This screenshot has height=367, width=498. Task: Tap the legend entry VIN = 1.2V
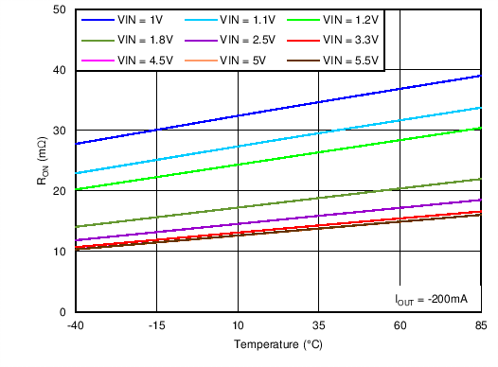tap(337, 20)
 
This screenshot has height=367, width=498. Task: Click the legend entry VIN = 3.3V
tap(337, 41)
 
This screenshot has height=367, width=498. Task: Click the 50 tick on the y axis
tap(59, 9)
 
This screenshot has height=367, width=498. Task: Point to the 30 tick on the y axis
tap(59, 131)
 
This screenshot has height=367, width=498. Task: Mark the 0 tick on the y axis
tap(62, 312)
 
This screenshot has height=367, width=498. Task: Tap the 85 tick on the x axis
tap(481, 325)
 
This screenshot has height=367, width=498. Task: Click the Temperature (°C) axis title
tap(277, 345)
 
